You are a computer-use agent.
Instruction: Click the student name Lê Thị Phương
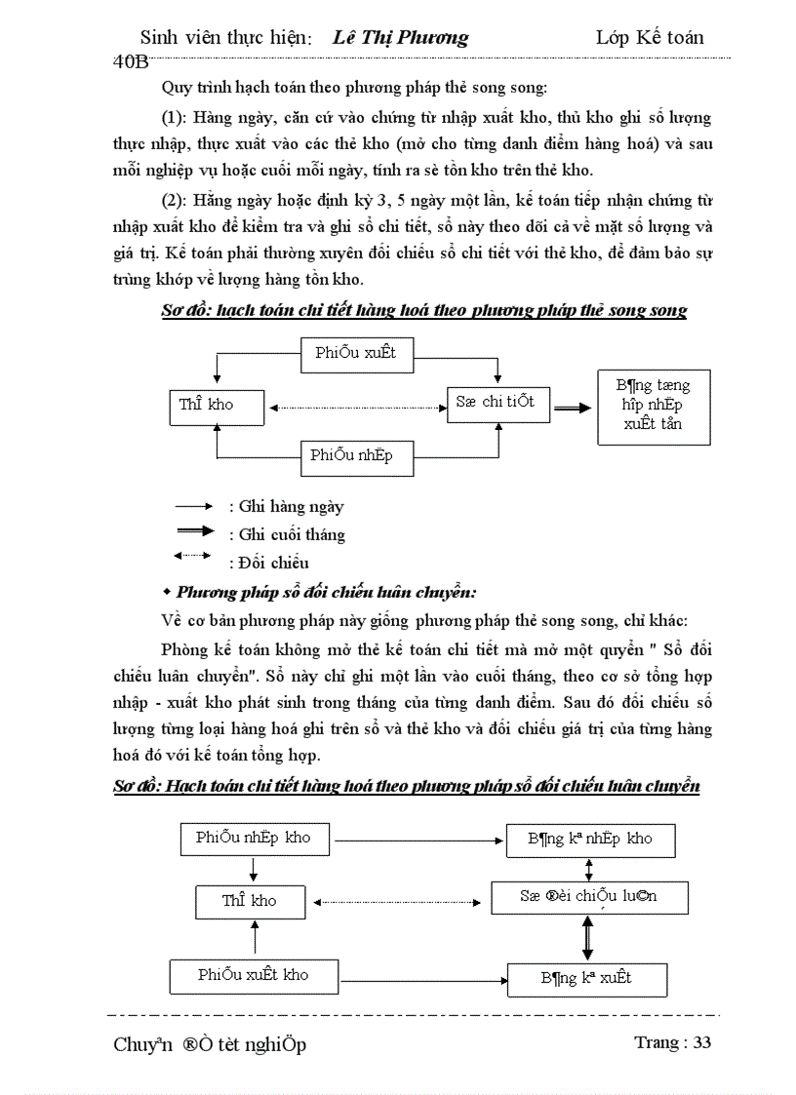pyautogui.click(x=400, y=38)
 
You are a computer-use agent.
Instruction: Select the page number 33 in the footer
pyautogui.click(x=702, y=1042)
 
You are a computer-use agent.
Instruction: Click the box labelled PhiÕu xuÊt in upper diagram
pyautogui.click(x=355, y=353)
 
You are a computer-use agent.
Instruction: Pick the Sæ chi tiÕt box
pyautogui.click(x=495, y=402)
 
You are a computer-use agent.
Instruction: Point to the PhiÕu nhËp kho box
pyautogui.click(x=253, y=838)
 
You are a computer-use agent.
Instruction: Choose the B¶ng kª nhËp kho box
pyautogui.click(x=590, y=839)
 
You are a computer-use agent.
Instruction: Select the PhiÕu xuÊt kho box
pyautogui.click(x=253, y=975)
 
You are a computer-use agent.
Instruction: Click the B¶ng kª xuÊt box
pyautogui.click(x=586, y=978)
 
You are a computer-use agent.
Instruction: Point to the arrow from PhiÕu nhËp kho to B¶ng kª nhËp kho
pyautogui.click(x=419, y=839)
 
